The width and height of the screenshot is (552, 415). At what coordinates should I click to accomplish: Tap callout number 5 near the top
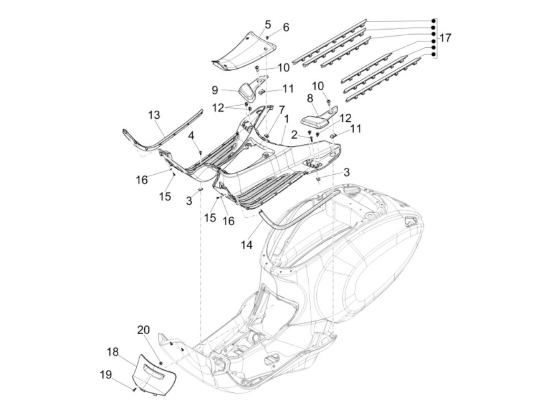(268, 24)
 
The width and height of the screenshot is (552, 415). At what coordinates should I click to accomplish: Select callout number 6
(286, 27)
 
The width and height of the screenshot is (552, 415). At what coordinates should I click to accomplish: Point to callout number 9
(214, 90)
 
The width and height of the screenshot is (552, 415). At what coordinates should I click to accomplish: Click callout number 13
(155, 116)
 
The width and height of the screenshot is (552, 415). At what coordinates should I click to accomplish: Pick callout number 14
(246, 245)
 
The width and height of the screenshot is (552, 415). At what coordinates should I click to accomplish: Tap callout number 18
(113, 352)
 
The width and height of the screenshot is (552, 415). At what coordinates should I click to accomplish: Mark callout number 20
(144, 330)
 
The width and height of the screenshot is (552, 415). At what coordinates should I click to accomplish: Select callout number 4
(191, 136)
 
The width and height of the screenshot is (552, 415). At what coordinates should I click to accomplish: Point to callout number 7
(282, 109)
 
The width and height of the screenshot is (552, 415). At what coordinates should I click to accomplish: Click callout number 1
(286, 118)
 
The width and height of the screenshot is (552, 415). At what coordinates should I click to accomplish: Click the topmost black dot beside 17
(433, 21)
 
